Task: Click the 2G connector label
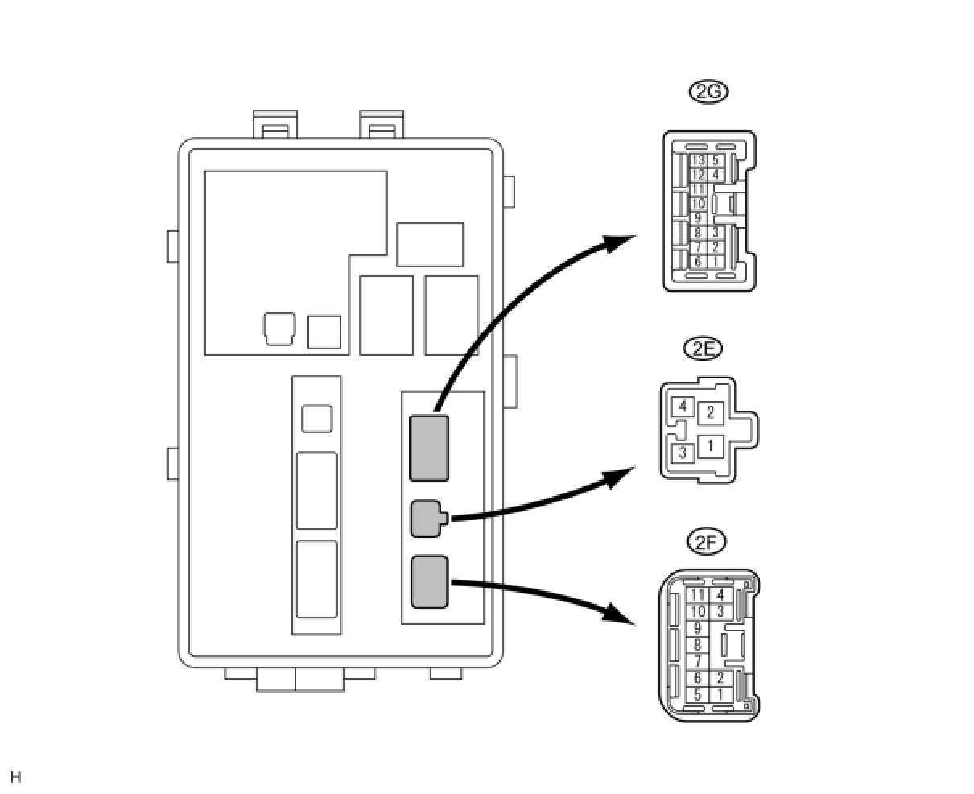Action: pyautogui.click(x=708, y=91)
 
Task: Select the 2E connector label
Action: pyautogui.click(x=702, y=349)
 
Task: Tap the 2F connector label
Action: pyautogui.click(x=707, y=542)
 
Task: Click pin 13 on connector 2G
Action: pyautogui.click(x=698, y=160)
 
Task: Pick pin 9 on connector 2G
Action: pyautogui.click(x=698, y=218)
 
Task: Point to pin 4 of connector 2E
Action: pyautogui.click(x=683, y=406)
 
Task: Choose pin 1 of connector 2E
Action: pyautogui.click(x=710, y=445)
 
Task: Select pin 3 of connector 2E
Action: pyautogui.click(x=683, y=453)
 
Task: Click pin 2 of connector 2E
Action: pyautogui.click(x=710, y=413)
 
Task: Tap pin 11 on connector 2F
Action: pyautogui.click(x=698, y=596)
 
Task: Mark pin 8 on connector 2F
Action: pyautogui.click(x=698, y=645)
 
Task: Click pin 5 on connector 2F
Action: pyautogui.click(x=698, y=695)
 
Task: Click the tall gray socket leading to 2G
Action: pyautogui.click(x=429, y=448)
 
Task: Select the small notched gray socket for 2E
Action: pyautogui.click(x=425, y=519)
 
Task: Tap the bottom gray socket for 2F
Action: pyautogui.click(x=429, y=581)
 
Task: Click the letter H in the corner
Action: pyautogui.click(x=16, y=777)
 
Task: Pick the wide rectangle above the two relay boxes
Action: pyautogui.click(x=430, y=245)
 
